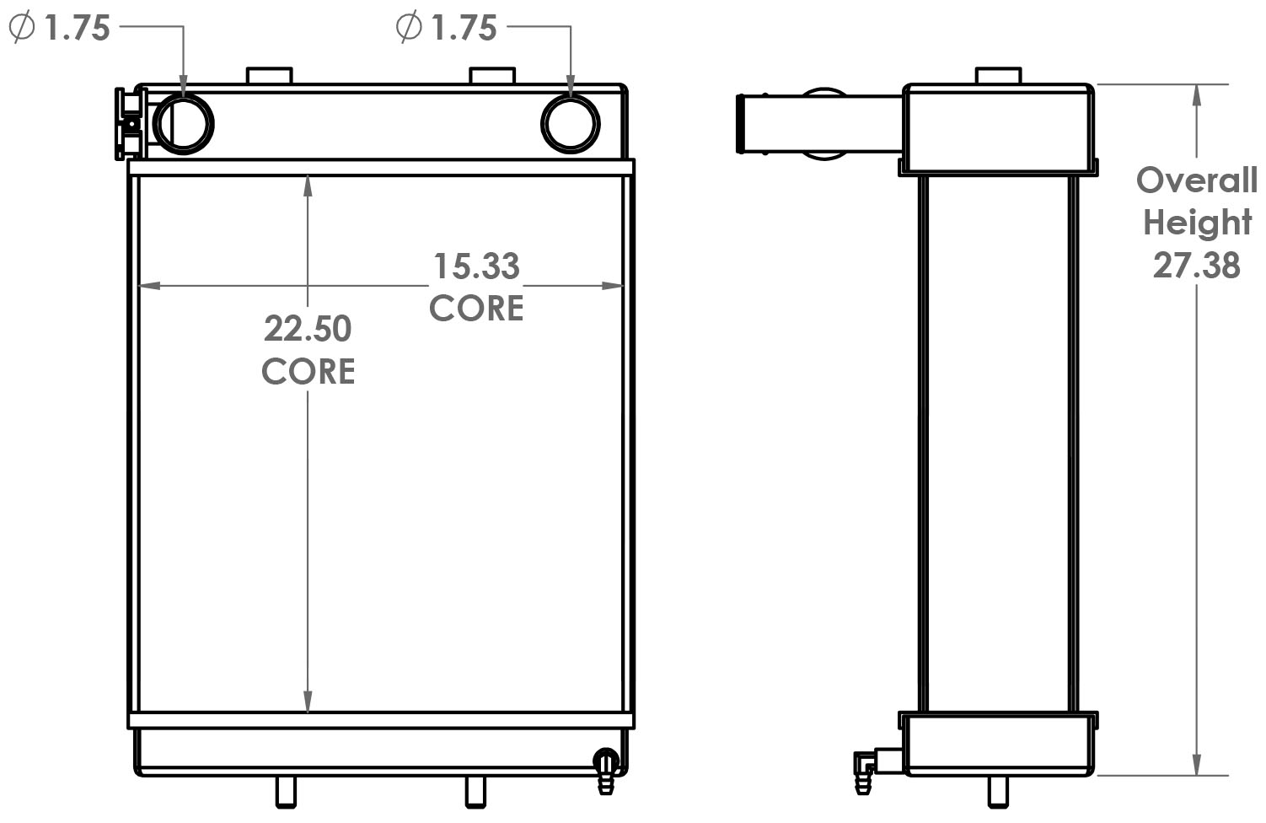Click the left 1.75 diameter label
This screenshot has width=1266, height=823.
pos(61,28)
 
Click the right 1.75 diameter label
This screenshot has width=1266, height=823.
pos(448,28)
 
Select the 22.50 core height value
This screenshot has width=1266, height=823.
pos(308,329)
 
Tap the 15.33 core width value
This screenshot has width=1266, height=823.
pos(476,266)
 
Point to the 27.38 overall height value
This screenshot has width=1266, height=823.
pos(1196,266)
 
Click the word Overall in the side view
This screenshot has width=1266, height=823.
pos(1196,180)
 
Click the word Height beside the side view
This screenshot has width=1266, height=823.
pos(1197,223)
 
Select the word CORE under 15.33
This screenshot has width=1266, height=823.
pos(476,309)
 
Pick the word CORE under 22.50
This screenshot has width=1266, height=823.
pos(308,372)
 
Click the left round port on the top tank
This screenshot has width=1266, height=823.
pos(184,124)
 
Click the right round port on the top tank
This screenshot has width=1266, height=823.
pos(570,124)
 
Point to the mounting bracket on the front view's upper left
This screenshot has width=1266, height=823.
pos(129,124)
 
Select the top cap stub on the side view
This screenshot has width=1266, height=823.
pos(999,76)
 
